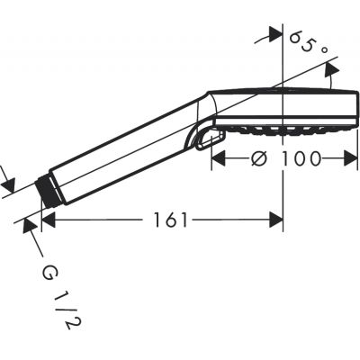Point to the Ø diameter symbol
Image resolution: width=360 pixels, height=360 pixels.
[x=257, y=159]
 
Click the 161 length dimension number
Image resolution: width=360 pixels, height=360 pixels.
[x=169, y=220]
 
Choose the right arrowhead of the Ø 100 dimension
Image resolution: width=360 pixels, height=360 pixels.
[x=352, y=159]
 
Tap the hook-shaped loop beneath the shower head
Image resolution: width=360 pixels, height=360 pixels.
[x=208, y=139]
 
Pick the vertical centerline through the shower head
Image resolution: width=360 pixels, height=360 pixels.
[x=283, y=180]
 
